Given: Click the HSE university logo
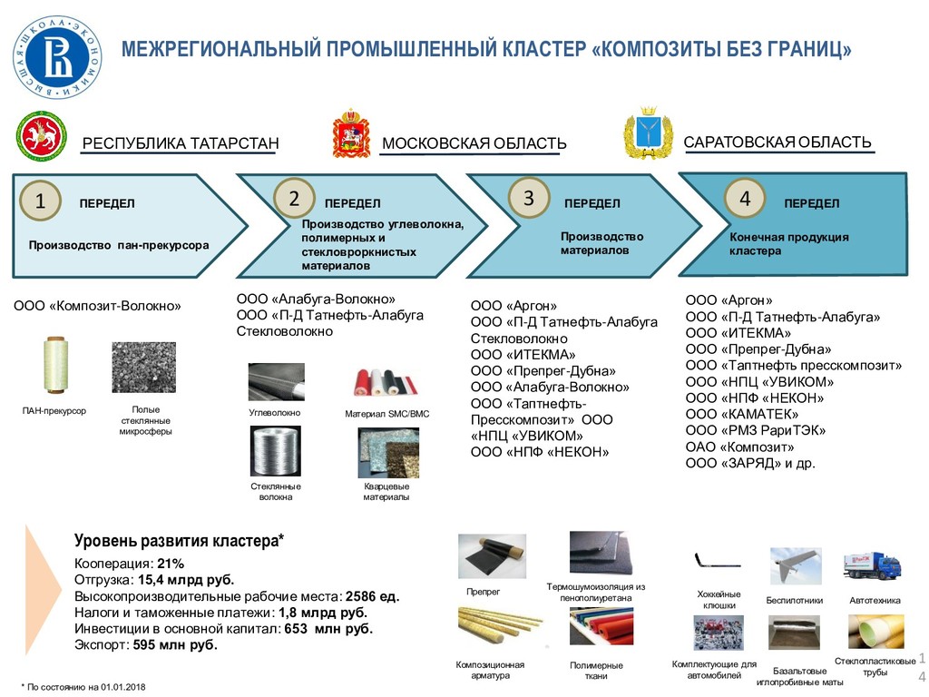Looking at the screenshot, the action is click(x=58, y=59).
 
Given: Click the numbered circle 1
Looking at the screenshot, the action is click(x=40, y=201).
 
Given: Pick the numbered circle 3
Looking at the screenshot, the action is click(x=528, y=198).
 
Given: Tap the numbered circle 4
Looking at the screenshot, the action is click(x=745, y=198).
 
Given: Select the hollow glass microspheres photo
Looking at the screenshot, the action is click(x=143, y=368).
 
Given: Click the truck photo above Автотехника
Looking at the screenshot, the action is click(x=872, y=565).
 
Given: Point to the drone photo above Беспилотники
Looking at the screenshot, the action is click(x=796, y=566).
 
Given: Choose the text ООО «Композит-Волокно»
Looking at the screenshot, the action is click(x=97, y=306).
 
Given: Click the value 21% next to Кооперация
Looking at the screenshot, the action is click(x=171, y=564).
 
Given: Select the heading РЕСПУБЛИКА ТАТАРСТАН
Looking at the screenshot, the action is click(x=181, y=143).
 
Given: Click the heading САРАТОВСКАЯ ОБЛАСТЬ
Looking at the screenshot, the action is click(x=777, y=142).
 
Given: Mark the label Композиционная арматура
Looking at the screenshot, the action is click(x=490, y=670).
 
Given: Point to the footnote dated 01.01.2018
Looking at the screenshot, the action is click(x=86, y=686).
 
